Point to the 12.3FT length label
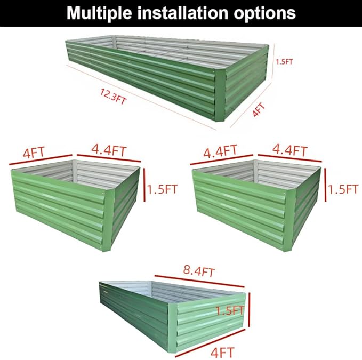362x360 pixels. click(x=113, y=96)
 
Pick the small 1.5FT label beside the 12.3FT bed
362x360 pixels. click(x=285, y=61)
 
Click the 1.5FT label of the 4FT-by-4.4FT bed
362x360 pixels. click(x=163, y=189)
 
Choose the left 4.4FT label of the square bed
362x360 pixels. click(x=220, y=151)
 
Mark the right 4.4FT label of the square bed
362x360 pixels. click(x=290, y=151)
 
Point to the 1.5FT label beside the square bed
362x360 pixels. click(x=343, y=189)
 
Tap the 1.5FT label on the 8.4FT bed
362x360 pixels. click(x=230, y=310)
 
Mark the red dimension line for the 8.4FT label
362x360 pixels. click(x=203, y=283)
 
